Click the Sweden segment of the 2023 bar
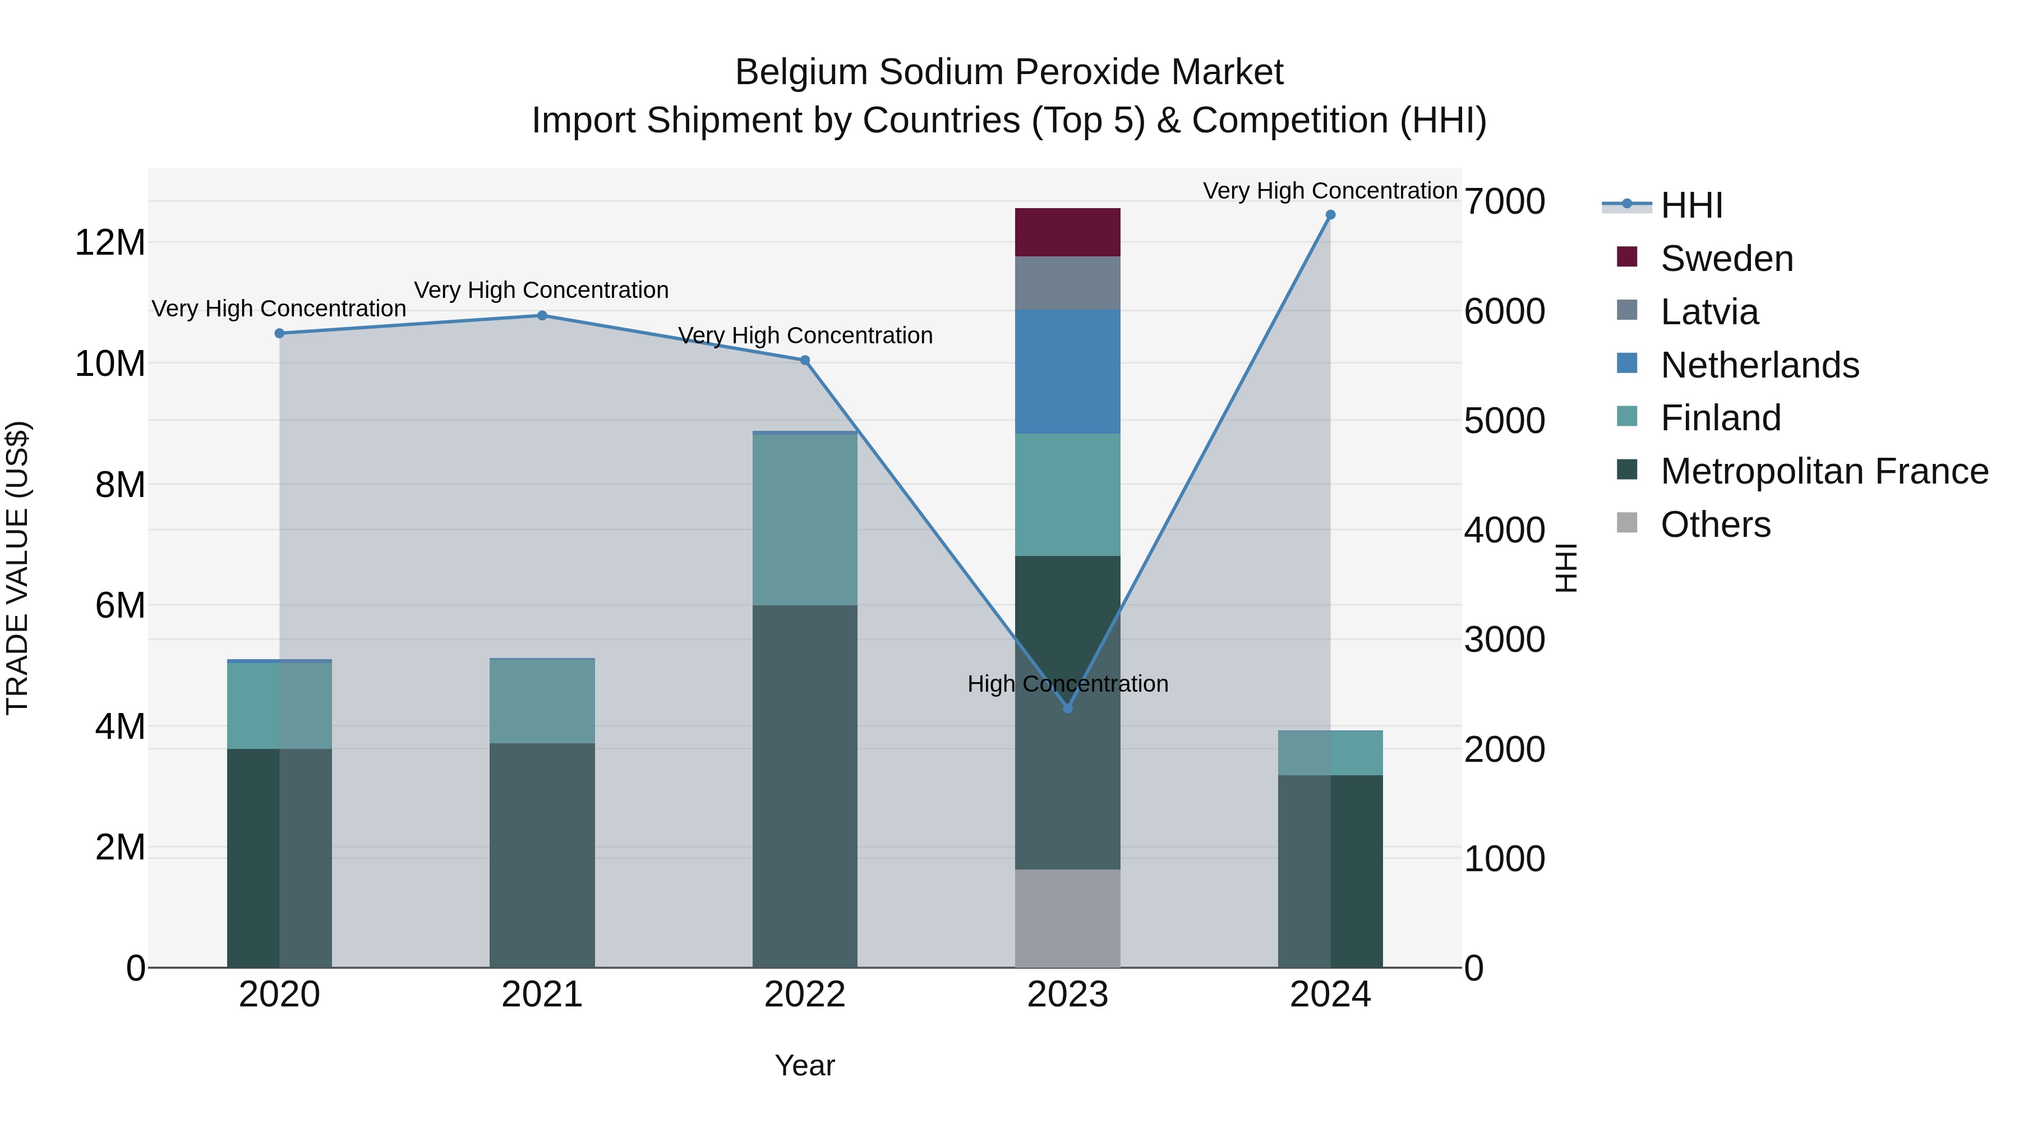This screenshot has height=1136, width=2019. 1067,232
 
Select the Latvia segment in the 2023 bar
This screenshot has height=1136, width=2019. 1067,283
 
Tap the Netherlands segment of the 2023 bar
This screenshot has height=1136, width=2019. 1067,371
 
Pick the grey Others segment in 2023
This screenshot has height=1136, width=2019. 1067,918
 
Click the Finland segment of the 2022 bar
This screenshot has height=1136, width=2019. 804,519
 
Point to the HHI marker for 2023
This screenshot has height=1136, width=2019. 1067,708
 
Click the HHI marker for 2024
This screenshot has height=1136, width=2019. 1330,215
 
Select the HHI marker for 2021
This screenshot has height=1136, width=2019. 542,315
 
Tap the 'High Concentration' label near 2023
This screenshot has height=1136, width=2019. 1067,684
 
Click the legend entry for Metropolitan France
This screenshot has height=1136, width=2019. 1824,471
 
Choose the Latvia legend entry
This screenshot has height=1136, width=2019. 1709,312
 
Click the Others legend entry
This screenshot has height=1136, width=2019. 1715,525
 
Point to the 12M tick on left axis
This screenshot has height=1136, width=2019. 110,242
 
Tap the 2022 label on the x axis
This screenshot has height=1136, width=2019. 804,995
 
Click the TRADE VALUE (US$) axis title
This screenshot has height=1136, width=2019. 18,568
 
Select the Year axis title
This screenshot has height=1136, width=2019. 804,1065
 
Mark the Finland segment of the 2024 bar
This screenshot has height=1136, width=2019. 1330,753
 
